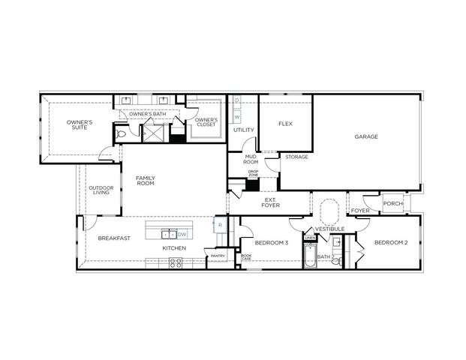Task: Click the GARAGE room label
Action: click(366, 136)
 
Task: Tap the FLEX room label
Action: click(285, 124)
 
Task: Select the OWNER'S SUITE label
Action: click(79, 124)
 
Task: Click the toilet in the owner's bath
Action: click(122, 134)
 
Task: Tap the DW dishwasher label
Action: click(182, 234)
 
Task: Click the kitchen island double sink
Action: click(170, 234)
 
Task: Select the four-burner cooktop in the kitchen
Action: click(175, 262)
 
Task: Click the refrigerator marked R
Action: click(220, 224)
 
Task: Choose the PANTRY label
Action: click(218, 256)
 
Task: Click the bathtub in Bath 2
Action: click(310, 257)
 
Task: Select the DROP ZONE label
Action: click(253, 174)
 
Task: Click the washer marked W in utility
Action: click(237, 117)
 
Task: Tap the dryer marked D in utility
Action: click(237, 100)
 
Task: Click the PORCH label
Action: click(392, 203)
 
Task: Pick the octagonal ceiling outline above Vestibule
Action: click(329, 211)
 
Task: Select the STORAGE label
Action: click(296, 157)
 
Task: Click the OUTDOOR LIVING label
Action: click(101, 190)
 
